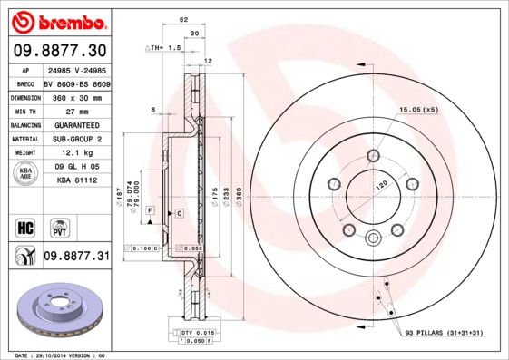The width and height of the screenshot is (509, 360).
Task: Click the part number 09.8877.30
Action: (59, 50)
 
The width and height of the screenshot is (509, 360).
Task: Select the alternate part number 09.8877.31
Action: (75, 258)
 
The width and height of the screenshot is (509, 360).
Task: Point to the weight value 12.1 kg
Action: (75, 153)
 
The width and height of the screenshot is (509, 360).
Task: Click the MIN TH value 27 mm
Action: (75, 109)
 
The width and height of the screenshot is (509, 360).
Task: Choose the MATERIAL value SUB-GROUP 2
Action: (75, 139)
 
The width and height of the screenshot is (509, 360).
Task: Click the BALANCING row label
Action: (24, 124)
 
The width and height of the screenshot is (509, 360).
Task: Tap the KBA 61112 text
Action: (75, 182)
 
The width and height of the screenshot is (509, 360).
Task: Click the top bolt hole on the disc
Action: (373, 154)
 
